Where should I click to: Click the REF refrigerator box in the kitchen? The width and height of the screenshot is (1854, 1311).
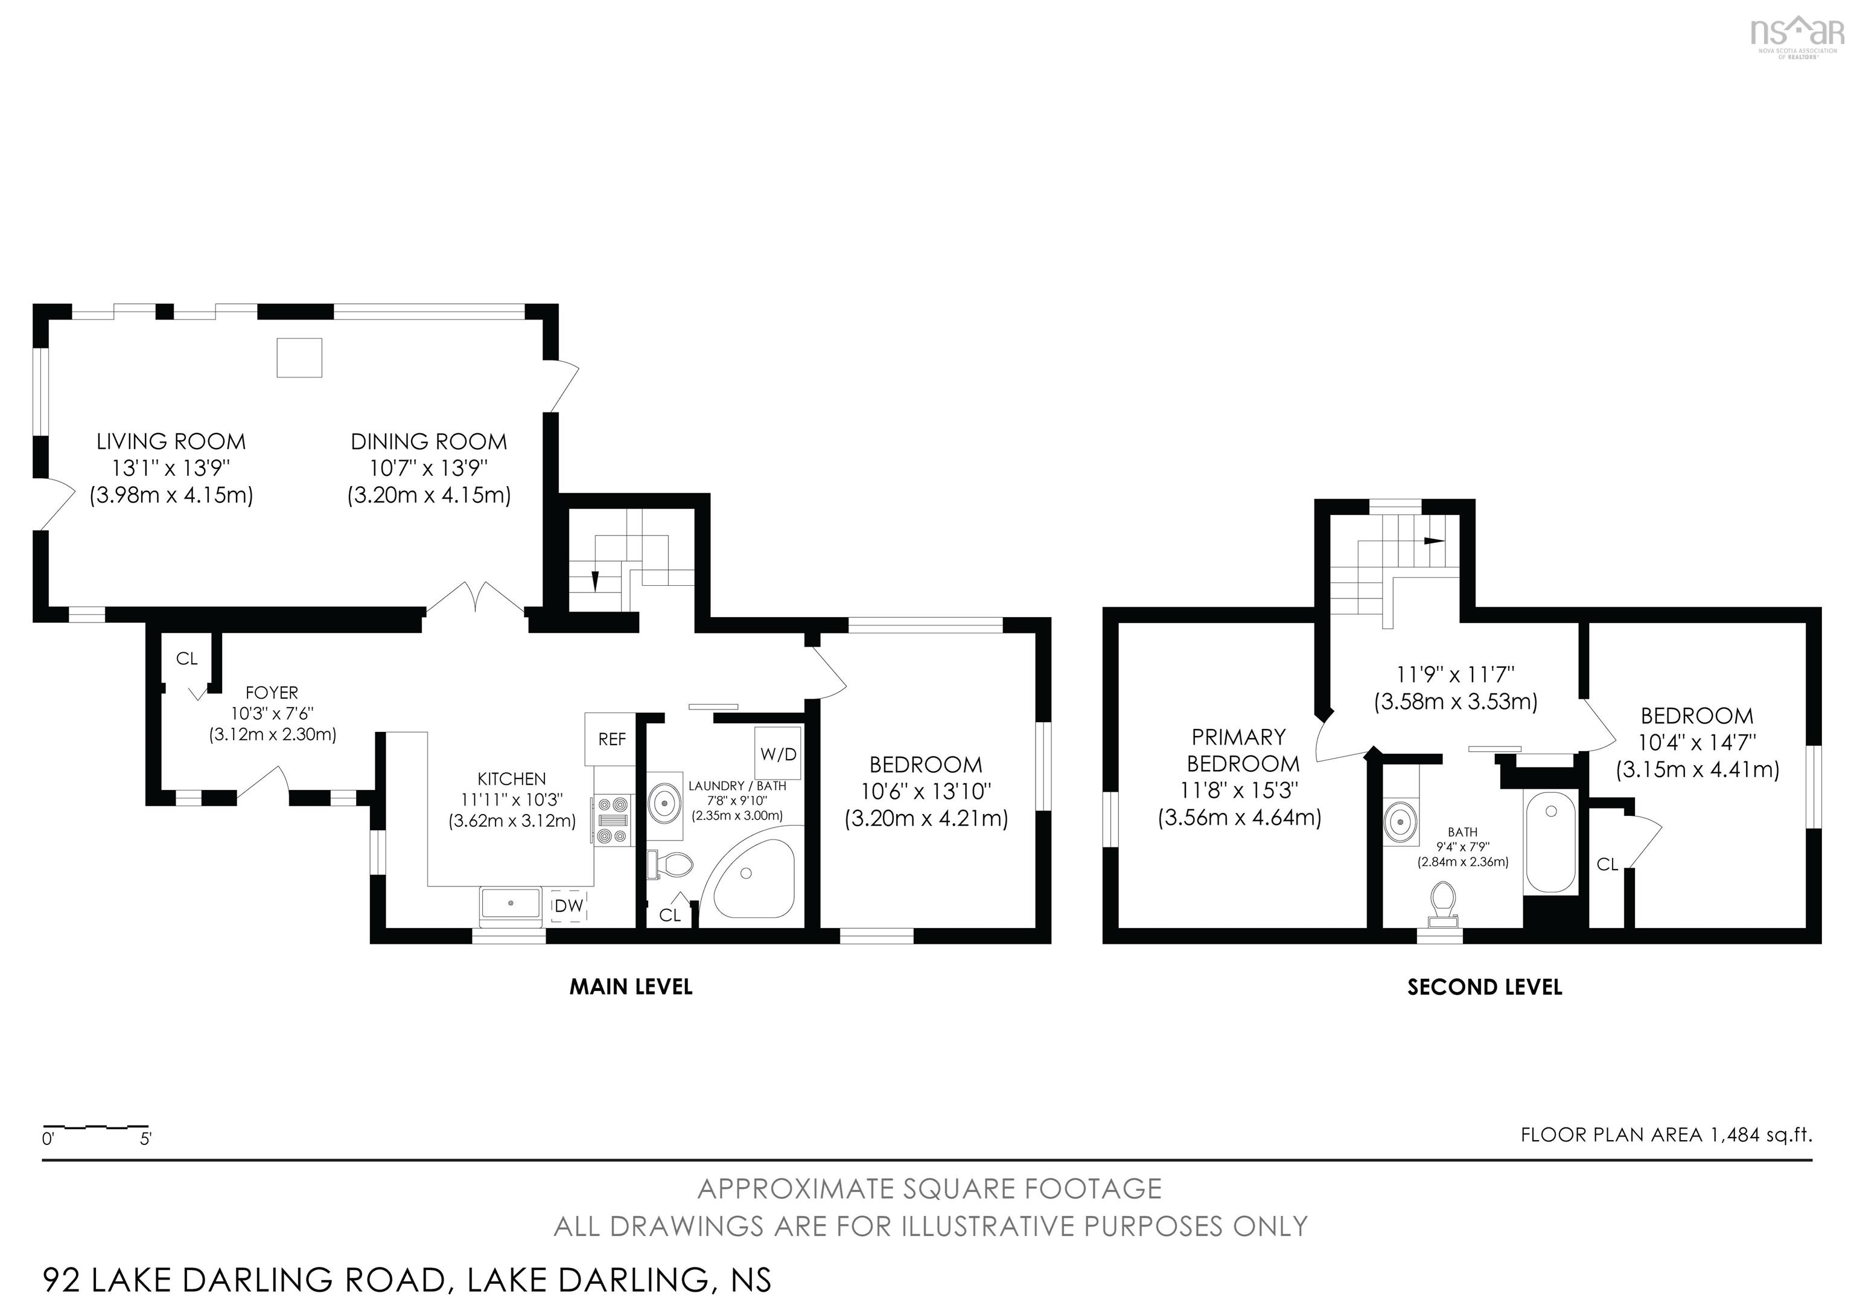point(611,739)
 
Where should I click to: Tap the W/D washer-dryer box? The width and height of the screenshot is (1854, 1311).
point(777,753)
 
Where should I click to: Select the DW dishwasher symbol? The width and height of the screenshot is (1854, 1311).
point(569,906)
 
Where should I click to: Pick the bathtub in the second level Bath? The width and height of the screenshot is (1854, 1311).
point(1550,842)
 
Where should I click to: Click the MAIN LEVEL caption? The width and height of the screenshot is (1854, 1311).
point(631,986)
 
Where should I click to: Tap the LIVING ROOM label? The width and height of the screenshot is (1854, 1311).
point(171,442)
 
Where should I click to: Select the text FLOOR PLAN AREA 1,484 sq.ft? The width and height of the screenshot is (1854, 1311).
point(1666,1135)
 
